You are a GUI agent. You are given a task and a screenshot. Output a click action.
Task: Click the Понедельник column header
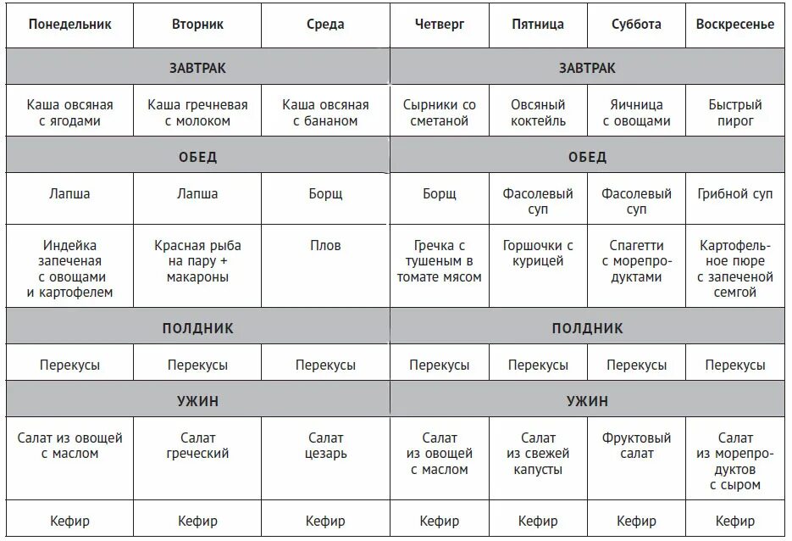pyautogui.click(x=70, y=25)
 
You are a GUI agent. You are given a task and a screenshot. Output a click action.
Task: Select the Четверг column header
pyautogui.click(x=440, y=25)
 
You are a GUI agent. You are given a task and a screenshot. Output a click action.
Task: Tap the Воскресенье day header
pyautogui.click(x=734, y=25)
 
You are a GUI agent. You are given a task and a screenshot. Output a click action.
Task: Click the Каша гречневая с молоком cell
pyautogui.click(x=197, y=113)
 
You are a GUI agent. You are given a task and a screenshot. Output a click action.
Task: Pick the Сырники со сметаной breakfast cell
pyautogui.click(x=439, y=113)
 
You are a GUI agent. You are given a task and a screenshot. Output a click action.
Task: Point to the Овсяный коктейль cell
pyautogui.click(x=538, y=113)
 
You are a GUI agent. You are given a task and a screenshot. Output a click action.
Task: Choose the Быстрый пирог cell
pyautogui.click(x=734, y=113)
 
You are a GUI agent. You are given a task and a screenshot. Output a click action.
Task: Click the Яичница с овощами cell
pyautogui.click(x=636, y=113)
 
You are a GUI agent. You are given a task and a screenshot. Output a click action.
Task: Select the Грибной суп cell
pyautogui.click(x=734, y=193)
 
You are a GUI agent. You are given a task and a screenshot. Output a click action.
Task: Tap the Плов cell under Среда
pyautogui.click(x=325, y=246)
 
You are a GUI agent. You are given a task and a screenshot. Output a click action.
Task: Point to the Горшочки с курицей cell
pyautogui.click(x=538, y=254)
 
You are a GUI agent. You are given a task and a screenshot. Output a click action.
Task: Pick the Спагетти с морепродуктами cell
pyautogui.click(x=636, y=261)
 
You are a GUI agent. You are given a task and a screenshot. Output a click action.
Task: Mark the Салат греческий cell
pyautogui.click(x=197, y=446)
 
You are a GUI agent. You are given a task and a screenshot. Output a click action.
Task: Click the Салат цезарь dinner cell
pyautogui.click(x=325, y=446)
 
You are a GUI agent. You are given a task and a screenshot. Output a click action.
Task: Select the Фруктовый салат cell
pyautogui.click(x=636, y=446)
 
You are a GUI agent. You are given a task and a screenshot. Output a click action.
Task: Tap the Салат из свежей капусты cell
pyautogui.click(x=538, y=454)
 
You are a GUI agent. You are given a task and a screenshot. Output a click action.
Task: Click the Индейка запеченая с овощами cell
pyautogui.click(x=70, y=269)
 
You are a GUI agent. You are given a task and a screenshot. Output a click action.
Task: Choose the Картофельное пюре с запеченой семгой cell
pyautogui.click(x=734, y=269)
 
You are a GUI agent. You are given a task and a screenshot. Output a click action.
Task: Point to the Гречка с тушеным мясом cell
pyautogui.click(x=439, y=261)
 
